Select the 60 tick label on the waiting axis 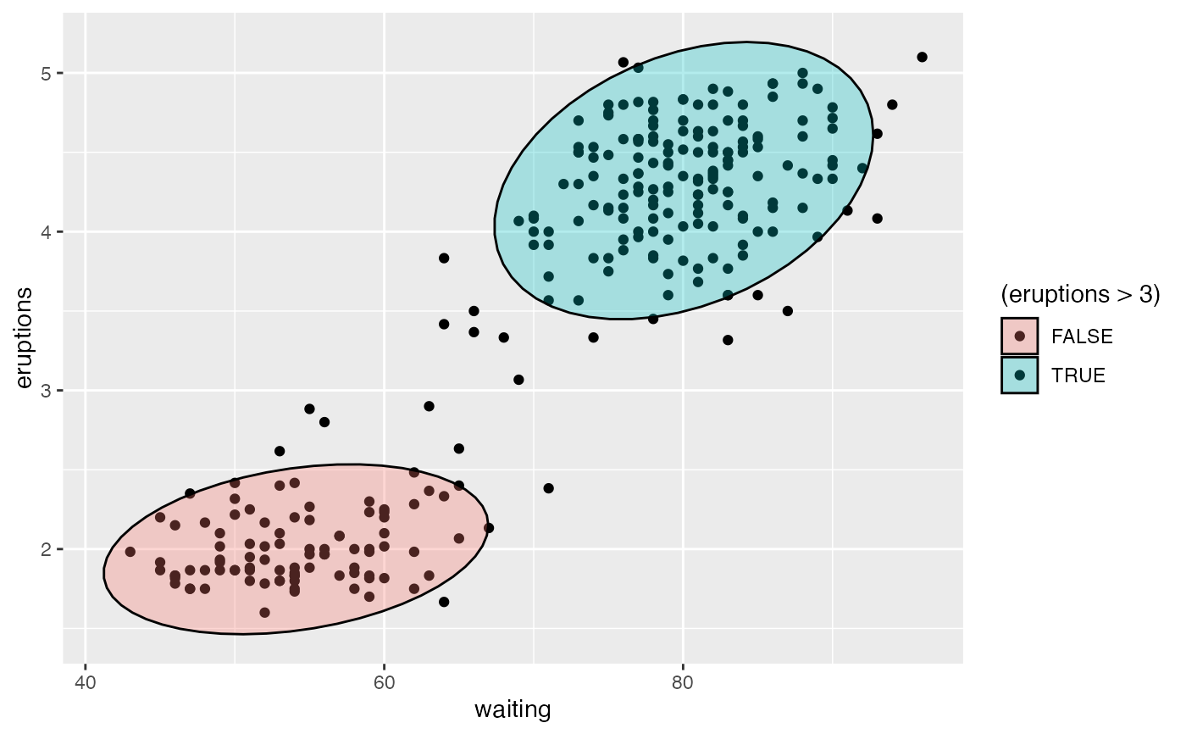point(384,681)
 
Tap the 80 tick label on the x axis point(683,681)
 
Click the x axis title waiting point(513,709)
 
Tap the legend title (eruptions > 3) point(1080,295)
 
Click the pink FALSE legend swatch point(1019,336)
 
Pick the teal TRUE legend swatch point(1019,375)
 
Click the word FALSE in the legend point(1082,336)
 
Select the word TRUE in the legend point(1078,375)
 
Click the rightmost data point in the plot point(922,57)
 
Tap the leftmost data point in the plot point(130,552)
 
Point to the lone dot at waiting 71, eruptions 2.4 point(548,488)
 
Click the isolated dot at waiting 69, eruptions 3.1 point(518,380)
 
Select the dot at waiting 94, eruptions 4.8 point(892,104)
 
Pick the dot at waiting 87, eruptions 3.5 point(787,311)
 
